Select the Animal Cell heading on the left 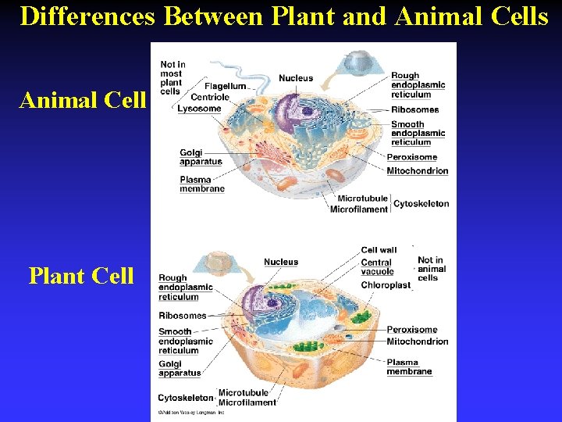click(83, 100)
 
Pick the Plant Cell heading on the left click(81, 276)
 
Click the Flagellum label click(225, 86)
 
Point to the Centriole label click(210, 97)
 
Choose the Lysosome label click(199, 109)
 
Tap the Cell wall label click(379, 250)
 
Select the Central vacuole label click(377, 267)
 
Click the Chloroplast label click(386, 285)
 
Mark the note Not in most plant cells click(172, 78)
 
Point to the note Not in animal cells click(432, 269)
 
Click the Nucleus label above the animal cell click(296, 78)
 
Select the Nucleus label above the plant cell click(281, 262)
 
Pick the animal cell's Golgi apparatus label click(201, 157)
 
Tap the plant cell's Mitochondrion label click(417, 342)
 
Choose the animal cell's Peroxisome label click(411, 157)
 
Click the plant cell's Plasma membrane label click(409, 367)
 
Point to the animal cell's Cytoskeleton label click(421, 203)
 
